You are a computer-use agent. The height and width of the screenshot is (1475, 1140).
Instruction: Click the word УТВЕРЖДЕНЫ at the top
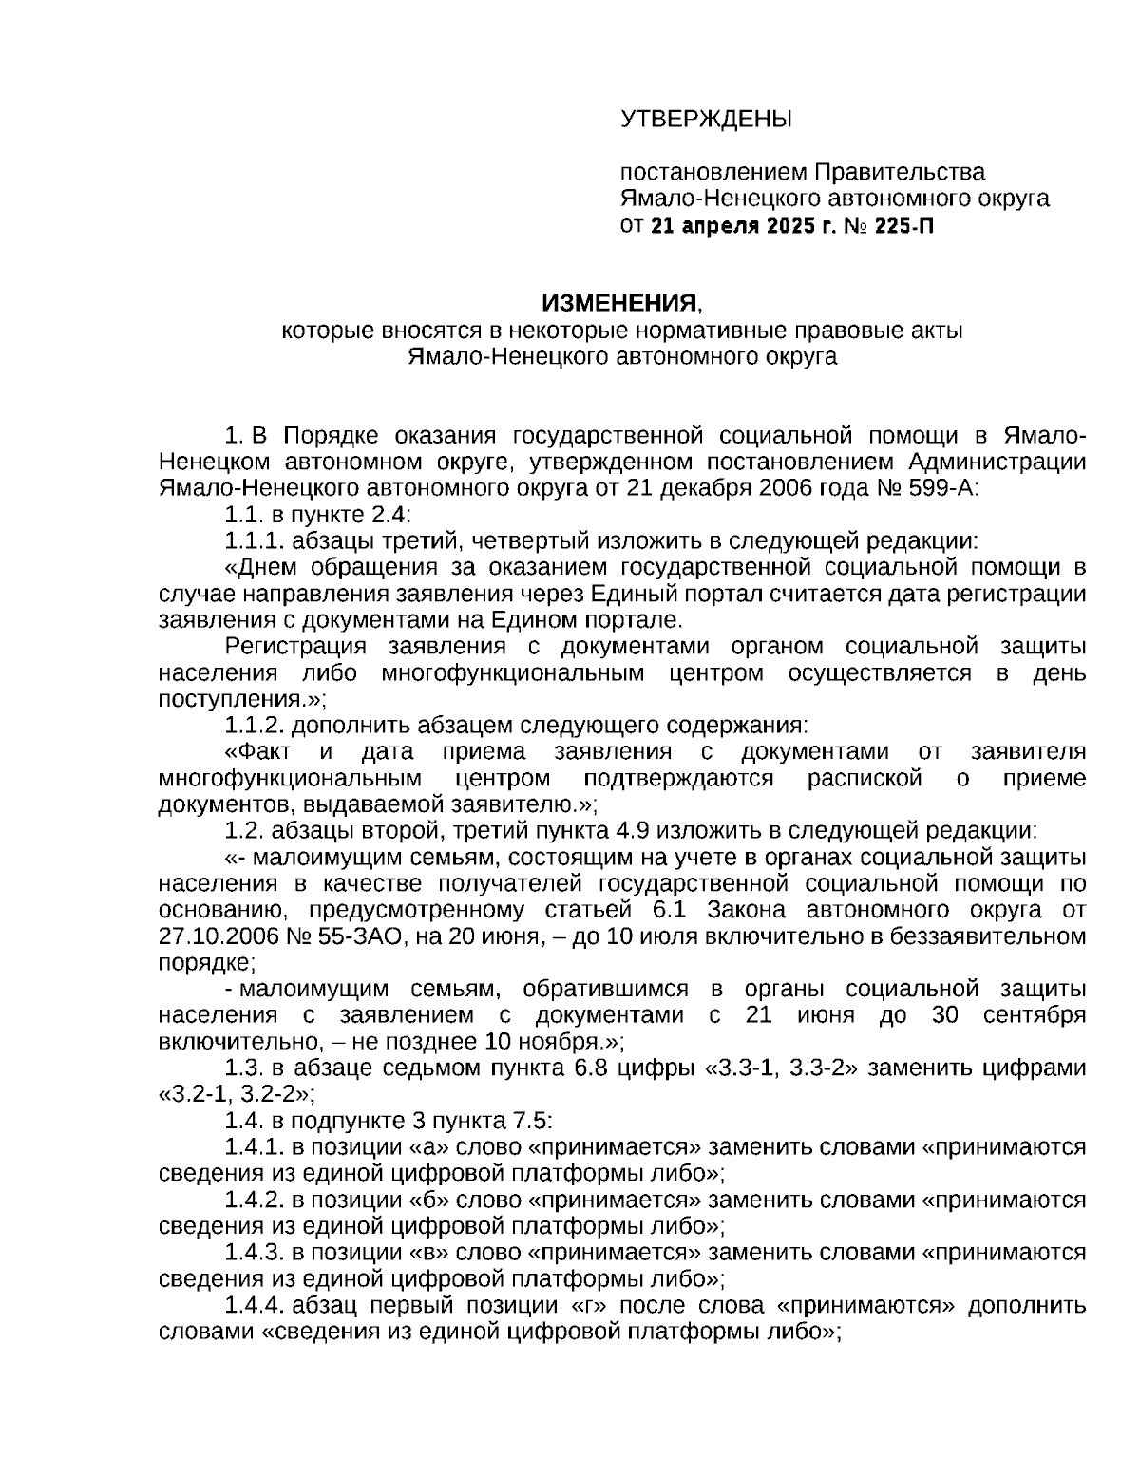[705, 120]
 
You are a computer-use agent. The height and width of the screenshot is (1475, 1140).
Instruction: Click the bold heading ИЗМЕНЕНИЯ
[618, 304]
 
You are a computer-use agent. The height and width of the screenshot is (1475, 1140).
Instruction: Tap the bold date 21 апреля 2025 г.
[738, 226]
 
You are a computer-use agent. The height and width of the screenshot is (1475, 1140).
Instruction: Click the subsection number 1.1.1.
[255, 541]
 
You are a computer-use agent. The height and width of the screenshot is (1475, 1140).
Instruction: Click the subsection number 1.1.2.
[255, 726]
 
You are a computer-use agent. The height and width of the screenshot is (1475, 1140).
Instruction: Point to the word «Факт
[259, 752]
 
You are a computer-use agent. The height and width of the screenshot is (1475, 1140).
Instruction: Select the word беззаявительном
[994, 936]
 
